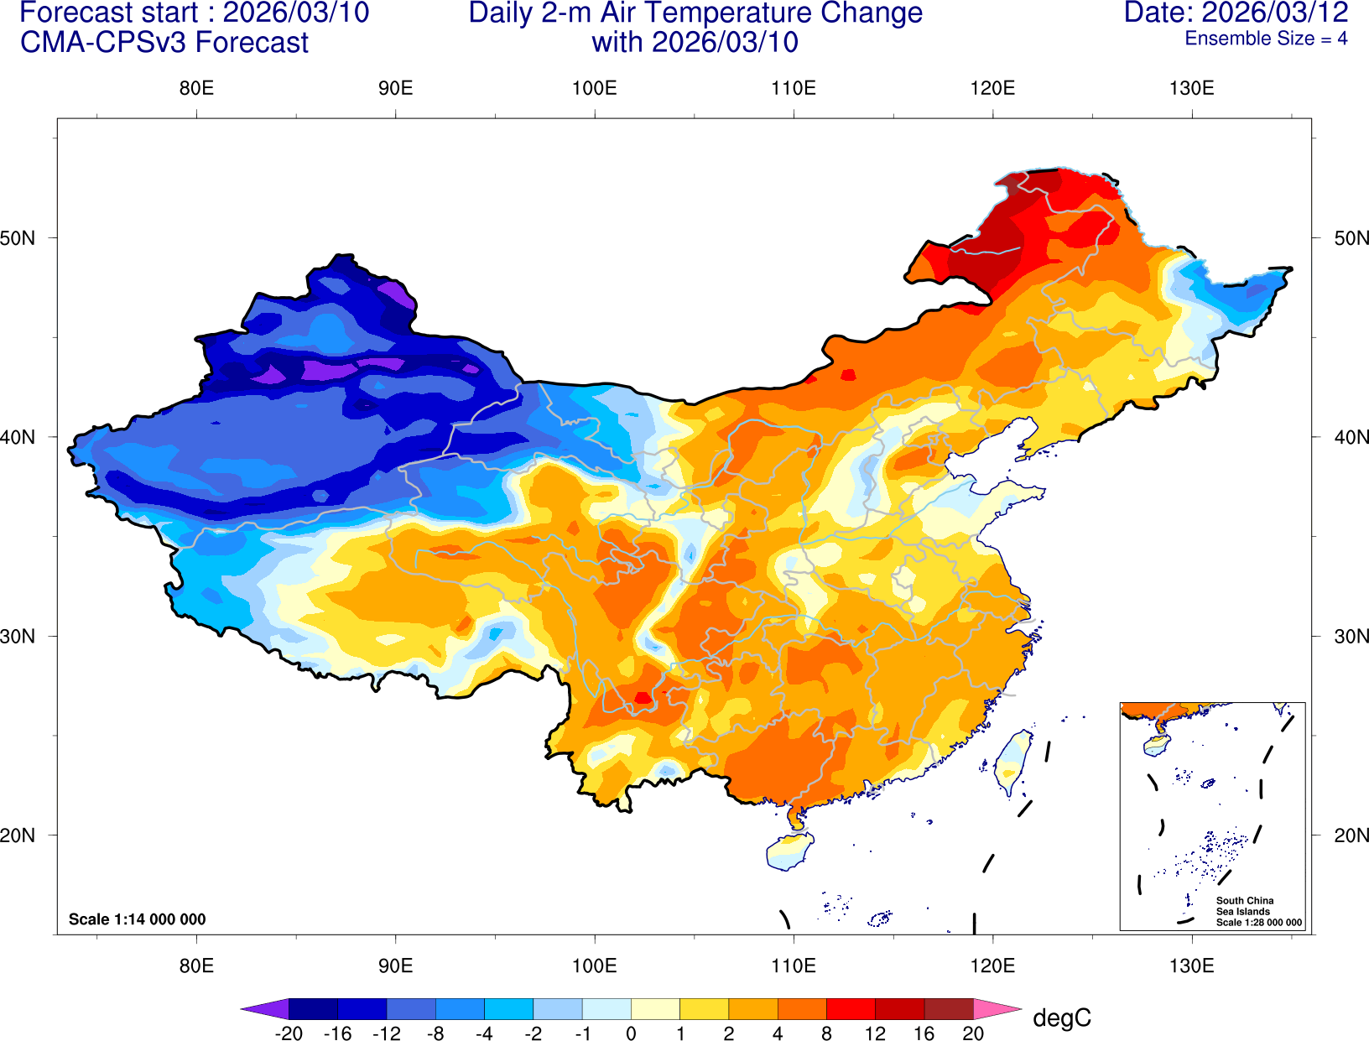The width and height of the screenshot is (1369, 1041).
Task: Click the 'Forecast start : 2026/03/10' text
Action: coord(194,13)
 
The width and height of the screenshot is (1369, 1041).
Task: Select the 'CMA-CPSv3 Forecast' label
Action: coord(164,43)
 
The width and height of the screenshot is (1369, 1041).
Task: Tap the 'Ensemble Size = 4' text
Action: coord(1266,39)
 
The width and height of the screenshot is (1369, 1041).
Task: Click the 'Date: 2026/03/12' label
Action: coord(1236,13)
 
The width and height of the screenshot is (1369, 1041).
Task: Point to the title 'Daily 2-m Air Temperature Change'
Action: coord(695,13)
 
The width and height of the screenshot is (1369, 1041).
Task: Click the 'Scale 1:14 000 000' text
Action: coord(137,919)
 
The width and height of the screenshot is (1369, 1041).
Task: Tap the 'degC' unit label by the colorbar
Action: coord(1061,1018)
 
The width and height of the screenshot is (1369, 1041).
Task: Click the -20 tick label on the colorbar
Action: coord(289,1033)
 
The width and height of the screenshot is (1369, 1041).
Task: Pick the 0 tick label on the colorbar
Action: coord(631,1033)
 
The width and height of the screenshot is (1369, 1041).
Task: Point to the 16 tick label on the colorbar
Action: coord(924,1033)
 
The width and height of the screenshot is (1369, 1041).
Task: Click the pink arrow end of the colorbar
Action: coord(997,1008)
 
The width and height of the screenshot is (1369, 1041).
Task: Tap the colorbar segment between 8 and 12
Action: coord(850,1008)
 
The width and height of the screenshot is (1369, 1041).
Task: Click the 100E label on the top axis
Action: coord(594,88)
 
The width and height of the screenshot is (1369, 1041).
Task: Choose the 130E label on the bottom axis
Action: coord(1191,966)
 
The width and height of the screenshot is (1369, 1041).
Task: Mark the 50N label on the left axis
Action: coord(18,237)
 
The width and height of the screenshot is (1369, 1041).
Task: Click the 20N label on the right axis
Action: coord(1351,835)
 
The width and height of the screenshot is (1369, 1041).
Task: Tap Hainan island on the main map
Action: coord(789,851)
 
